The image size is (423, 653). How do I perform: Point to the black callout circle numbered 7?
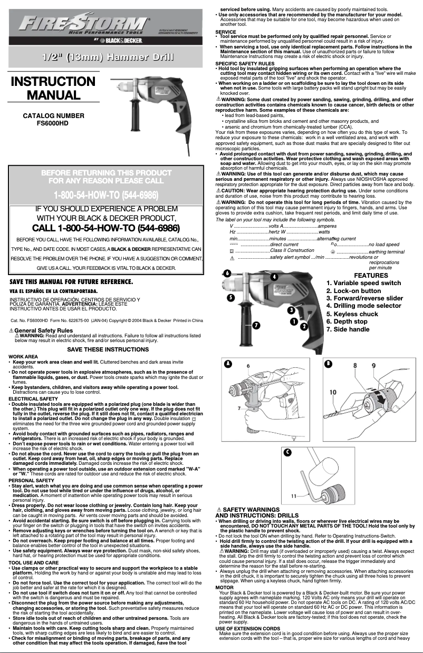(x=256, y=325)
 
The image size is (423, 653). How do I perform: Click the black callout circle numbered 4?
(x=274, y=276)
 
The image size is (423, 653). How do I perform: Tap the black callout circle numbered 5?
(x=230, y=297)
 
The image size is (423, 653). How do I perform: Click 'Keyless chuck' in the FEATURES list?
(x=352, y=314)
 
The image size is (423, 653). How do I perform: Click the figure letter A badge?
(x=227, y=364)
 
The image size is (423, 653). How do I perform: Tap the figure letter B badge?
(x=328, y=364)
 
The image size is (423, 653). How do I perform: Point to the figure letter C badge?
(x=287, y=453)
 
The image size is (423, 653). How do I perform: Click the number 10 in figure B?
(x=333, y=392)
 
